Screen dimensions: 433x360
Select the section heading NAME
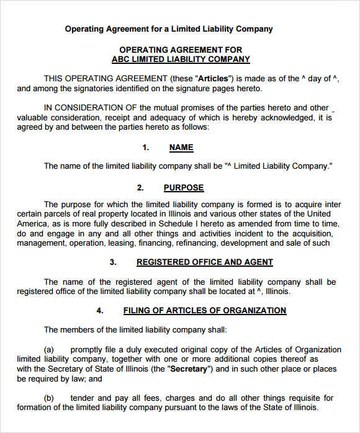(181, 148)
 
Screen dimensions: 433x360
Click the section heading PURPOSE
(184, 187)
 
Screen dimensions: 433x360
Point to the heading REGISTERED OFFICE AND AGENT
(205, 262)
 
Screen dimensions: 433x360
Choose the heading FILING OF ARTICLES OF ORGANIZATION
(205, 310)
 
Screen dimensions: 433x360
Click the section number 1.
(146, 148)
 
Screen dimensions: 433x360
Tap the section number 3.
(113, 262)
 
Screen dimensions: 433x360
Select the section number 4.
(99, 310)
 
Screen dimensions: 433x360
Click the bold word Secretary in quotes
(190, 369)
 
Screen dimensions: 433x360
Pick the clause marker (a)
(49, 350)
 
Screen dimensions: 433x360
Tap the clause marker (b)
(49, 398)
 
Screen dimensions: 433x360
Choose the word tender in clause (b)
(82, 398)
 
